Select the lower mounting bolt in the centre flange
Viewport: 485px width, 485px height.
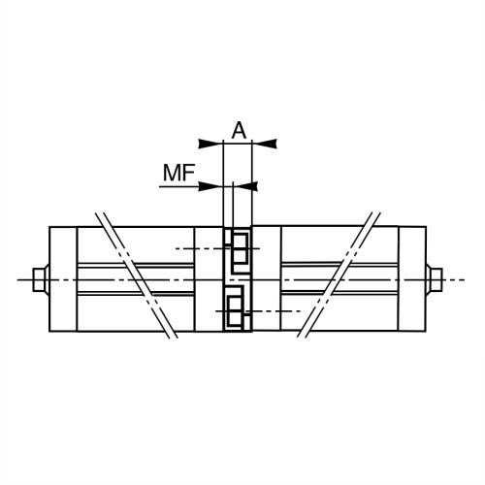coord(237,309)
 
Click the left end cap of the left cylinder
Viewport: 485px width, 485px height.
coord(62,279)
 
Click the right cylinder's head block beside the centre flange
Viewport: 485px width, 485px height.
coord(267,279)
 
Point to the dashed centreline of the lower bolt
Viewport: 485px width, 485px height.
coord(276,310)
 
